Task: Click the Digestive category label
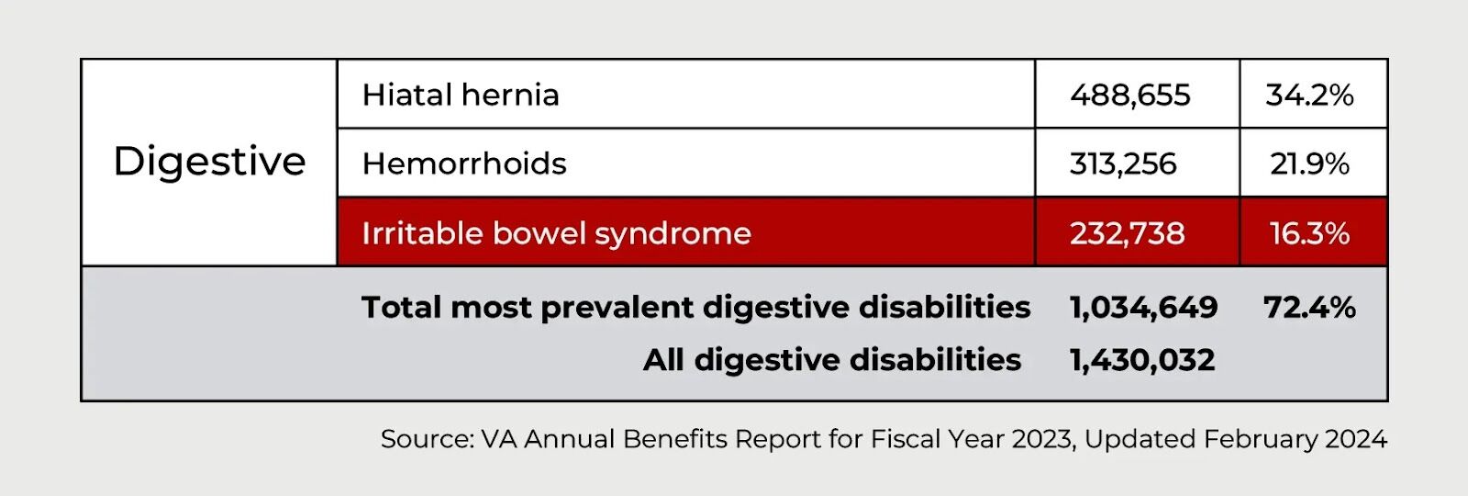210,162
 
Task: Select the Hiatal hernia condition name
461,95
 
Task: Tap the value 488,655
1129,96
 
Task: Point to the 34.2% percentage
1309,96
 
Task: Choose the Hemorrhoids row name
464,163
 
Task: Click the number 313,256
1123,164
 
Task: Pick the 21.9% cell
1309,164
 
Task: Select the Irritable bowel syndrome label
556,233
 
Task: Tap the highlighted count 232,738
1128,233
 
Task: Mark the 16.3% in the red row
1309,233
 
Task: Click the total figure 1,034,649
1143,307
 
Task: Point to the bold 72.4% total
1309,307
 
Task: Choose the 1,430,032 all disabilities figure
1142,359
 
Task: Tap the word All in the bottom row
663,359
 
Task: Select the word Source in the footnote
427,439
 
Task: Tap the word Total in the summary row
401,307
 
